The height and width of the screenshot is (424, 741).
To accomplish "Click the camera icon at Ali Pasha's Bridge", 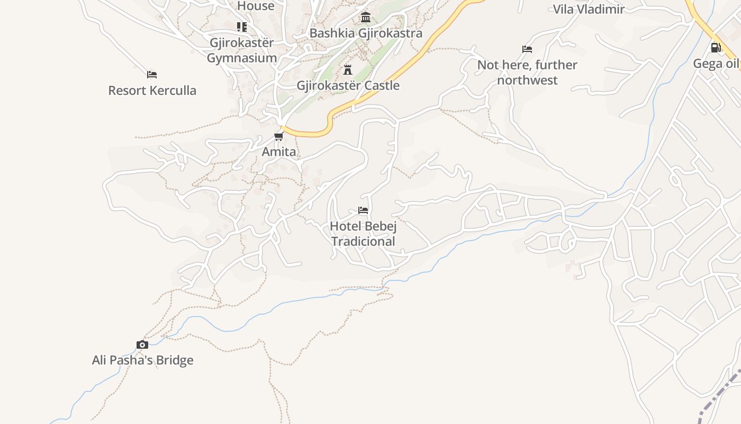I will [142, 345].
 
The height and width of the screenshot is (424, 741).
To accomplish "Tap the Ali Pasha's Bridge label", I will [143, 360].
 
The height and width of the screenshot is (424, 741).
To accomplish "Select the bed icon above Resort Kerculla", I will [152, 75].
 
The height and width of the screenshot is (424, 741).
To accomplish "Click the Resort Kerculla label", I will [152, 91].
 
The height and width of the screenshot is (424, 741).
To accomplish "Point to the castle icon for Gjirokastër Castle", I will [348, 69].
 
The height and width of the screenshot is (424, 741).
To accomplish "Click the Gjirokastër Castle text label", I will [348, 85].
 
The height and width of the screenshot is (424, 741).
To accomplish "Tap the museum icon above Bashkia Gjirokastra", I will [365, 17].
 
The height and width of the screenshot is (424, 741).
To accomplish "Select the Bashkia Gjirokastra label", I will [366, 33].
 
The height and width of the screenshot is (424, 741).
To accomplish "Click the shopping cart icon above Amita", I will [279, 137].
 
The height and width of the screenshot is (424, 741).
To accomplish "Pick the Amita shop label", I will [279, 152].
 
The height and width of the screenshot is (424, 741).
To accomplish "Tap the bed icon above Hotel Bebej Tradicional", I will [363, 210].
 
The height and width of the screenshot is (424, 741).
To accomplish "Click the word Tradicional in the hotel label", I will [363, 242].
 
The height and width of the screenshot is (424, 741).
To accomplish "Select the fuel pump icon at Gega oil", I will [716, 48].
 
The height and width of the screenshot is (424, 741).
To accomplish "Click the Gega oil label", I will [716, 64].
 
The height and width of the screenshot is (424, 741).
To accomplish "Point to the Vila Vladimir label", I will [589, 9].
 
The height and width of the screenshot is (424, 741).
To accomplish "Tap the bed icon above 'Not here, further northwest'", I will [527, 49].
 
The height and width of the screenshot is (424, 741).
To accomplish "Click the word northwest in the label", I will [527, 81].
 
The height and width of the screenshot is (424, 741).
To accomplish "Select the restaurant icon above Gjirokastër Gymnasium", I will [242, 26].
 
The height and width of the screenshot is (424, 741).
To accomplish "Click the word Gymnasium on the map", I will [242, 58].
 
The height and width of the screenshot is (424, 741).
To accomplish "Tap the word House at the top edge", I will [256, 6].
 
